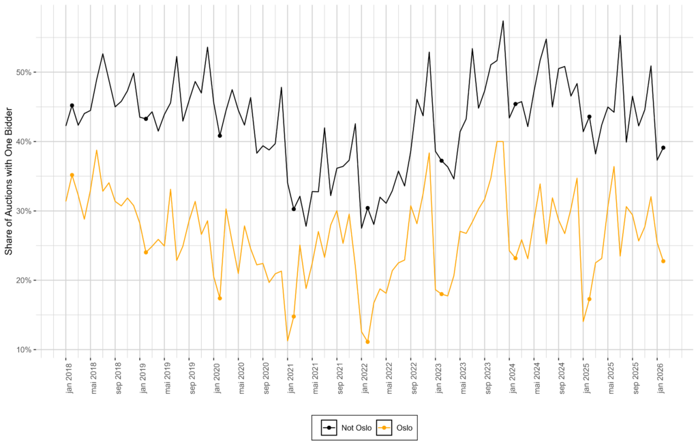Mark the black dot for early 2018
(72, 106)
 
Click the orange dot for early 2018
(72, 175)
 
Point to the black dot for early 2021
(294, 209)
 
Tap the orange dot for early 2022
(367, 342)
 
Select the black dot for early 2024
(515, 104)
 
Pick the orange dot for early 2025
(589, 299)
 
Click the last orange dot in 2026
(663, 261)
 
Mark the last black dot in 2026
(663, 147)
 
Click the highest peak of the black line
(503, 21)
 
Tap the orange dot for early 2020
(219, 298)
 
